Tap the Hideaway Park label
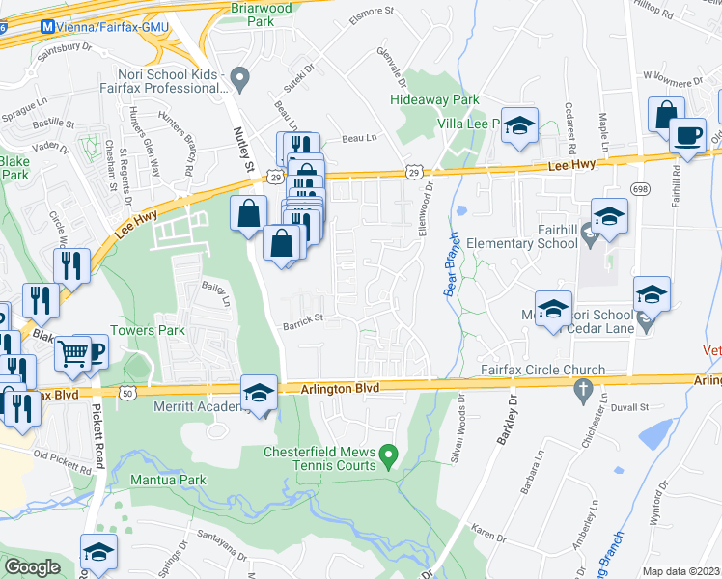pos(434,99)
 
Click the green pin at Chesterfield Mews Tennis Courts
pos(388,453)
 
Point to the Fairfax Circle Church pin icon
pos(581,389)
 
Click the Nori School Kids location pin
pos(241,76)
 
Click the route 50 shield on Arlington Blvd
pos(128,394)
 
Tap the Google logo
pos(33,566)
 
